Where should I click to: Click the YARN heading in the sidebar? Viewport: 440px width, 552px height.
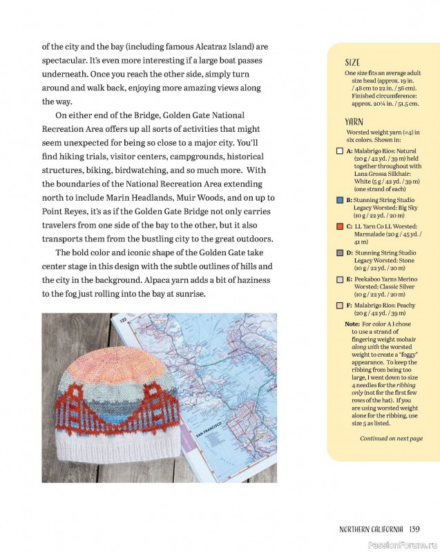pyautogui.click(x=354, y=121)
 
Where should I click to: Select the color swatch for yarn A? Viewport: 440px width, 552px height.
pyautogui.click(x=340, y=150)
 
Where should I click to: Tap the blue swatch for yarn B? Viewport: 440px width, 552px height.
pyautogui.click(x=340, y=199)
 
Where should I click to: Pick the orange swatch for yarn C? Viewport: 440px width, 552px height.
pyautogui.click(x=340, y=226)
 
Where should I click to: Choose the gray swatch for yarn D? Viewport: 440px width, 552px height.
pyautogui.click(x=340, y=253)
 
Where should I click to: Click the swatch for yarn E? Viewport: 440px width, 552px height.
pyautogui.click(x=340, y=279)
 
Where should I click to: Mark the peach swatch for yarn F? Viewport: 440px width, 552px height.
pyautogui.click(x=340, y=305)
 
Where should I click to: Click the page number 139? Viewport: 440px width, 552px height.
pyautogui.click(x=414, y=529)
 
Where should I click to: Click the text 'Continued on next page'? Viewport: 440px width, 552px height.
pyautogui.click(x=391, y=438)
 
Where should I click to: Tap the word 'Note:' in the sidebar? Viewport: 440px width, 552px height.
pyautogui.click(x=352, y=324)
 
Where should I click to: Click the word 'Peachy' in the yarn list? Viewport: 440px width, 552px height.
pyautogui.click(x=405, y=305)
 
